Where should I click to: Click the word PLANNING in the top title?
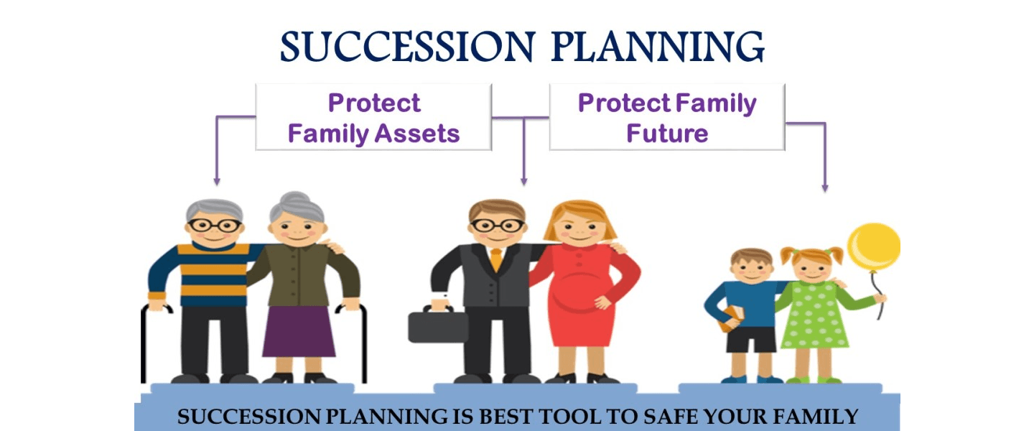tap(658, 47)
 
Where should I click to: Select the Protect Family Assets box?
tap(373, 117)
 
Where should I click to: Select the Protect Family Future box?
tap(667, 117)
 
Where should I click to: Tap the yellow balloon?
tap(874, 247)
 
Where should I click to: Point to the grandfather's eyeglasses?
tap(214, 226)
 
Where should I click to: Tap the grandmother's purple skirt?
tap(299, 330)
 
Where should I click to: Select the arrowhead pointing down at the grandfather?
tap(217, 182)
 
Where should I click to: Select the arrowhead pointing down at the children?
tap(825, 188)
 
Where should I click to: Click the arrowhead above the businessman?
tap(523, 182)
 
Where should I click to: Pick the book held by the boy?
tap(731, 319)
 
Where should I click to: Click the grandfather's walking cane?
tap(143, 342)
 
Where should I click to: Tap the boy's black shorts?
tap(751, 340)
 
